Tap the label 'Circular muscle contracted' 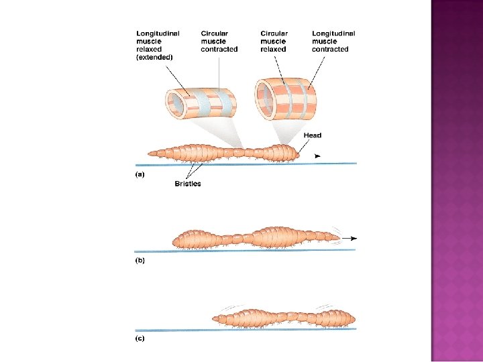[x=219, y=41]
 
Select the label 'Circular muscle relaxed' [x=274, y=41]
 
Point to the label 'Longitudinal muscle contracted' [x=333, y=41]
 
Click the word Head [x=312, y=135]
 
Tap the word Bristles [x=188, y=183]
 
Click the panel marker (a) [x=140, y=174]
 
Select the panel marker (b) [x=140, y=259]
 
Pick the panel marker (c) [x=140, y=339]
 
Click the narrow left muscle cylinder [x=201, y=103]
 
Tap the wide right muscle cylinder [x=287, y=97]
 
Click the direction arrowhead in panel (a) [x=317, y=156]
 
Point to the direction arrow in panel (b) [x=352, y=238]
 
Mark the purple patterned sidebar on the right [x=457, y=181]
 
